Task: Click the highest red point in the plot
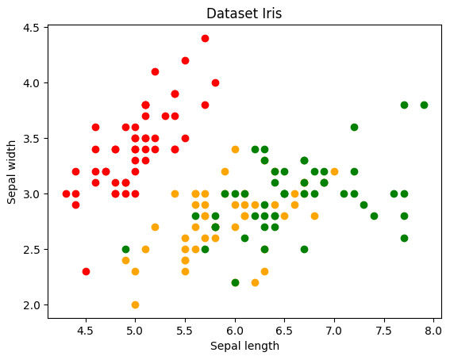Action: click(x=205, y=38)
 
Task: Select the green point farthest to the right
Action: click(x=424, y=105)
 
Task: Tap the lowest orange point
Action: click(x=135, y=304)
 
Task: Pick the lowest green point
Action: click(x=235, y=282)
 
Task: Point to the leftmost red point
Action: click(x=66, y=193)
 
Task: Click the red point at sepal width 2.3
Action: click(x=86, y=271)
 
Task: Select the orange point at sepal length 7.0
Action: click(x=334, y=171)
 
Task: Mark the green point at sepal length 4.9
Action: click(x=125, y=249)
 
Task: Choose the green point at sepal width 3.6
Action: click(x=354, y=127)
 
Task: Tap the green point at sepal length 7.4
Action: click(x=374, y=216)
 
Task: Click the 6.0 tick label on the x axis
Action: click(x=235, y=330)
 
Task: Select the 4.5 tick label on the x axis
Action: click(x=86, y=330)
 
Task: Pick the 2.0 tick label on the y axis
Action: click(x=32, y=305)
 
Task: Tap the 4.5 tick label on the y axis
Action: click(x=32, y=28)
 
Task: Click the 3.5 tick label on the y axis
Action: click(x=32, y=139)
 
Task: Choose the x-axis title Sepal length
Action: click(x=244, y=346)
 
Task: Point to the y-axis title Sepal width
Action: click(x=13, y=171)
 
